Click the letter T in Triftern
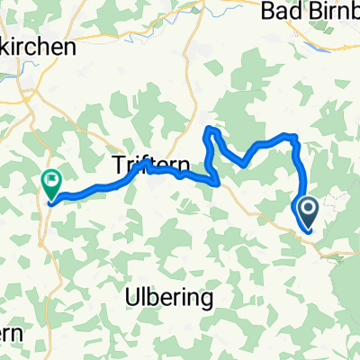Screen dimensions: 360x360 [x=117, y=164]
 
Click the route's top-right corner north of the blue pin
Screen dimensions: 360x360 [x=293, y=137]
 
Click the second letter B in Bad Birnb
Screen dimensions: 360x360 [x=316, y=11]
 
